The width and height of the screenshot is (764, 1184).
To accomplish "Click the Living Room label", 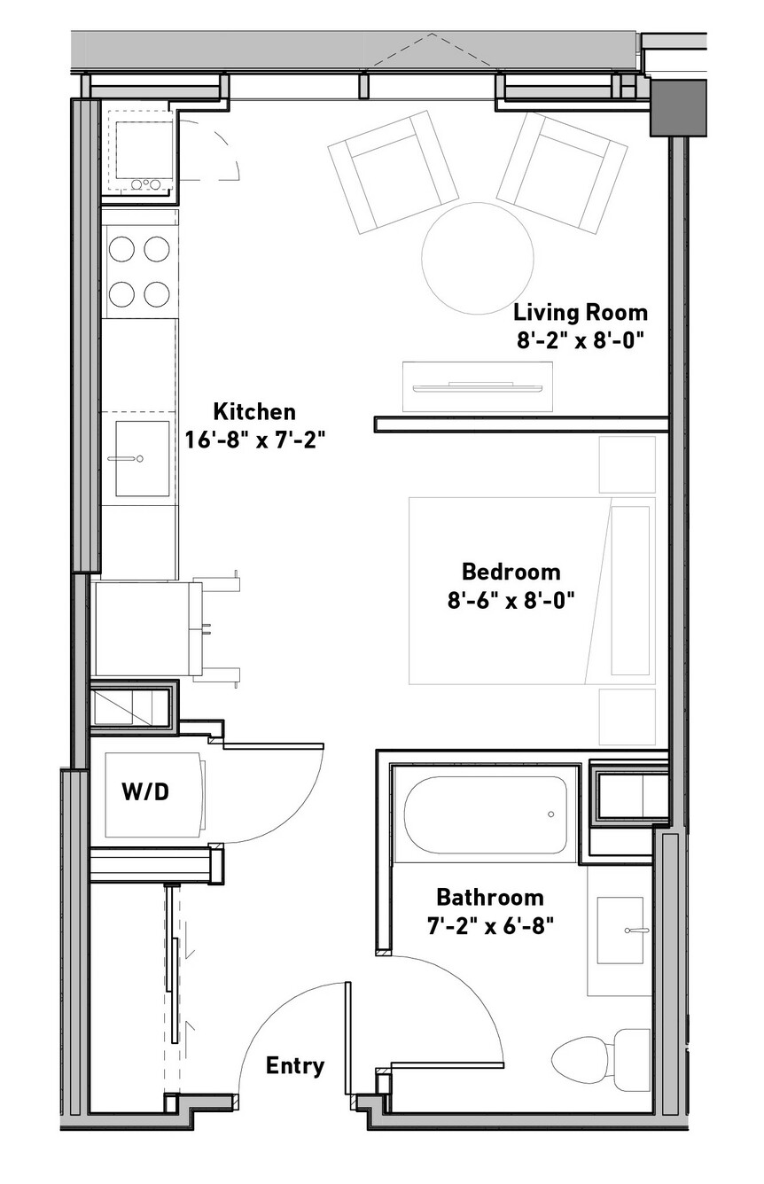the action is click(581, 313).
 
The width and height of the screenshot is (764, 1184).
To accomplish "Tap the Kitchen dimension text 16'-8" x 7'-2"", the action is click(253, 440).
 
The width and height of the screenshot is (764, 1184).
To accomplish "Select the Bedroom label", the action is click(511, 572).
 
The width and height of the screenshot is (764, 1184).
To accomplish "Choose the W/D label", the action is click(145, 791).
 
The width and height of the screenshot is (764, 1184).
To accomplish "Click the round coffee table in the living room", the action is click(478, 258).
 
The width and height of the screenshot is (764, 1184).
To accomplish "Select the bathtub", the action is click(486, 815).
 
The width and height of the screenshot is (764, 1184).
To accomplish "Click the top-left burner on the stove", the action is click(122, 248).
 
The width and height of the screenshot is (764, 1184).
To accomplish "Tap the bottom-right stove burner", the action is click(157, 293).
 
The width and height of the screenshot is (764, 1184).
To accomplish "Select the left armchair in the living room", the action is click(393, 172).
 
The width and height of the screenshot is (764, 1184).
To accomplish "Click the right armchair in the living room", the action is click(562, 172).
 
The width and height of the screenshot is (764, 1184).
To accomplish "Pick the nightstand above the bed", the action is click(627, 464).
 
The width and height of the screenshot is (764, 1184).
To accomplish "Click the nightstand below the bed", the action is click(627, 716).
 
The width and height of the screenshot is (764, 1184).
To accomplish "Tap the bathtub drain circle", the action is click(551, 814).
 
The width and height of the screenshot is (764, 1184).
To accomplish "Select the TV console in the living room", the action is click(478, 387).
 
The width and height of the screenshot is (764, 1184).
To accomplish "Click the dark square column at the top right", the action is click(678, 107).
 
